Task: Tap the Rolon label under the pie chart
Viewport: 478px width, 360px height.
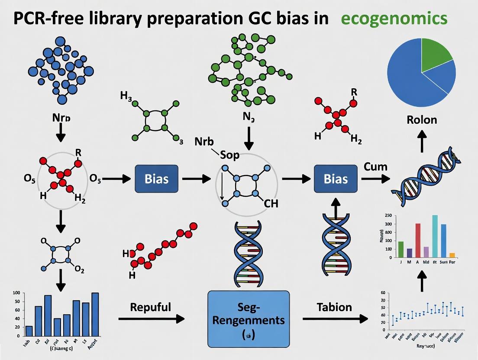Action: pos(422,119)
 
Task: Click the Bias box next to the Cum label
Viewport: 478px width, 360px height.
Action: pos(336,178)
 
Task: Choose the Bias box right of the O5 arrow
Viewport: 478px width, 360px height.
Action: pos(156,178)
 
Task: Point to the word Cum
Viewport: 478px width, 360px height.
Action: pos(375,166)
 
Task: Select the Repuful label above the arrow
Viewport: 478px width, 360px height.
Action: pos(150,307)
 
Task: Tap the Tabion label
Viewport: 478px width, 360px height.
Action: pos(334,307)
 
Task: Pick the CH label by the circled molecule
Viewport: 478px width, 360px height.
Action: pos(271,203)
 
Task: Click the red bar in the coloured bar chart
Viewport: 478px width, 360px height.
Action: pos(418,240)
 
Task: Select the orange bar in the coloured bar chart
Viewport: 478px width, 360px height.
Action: pos(452,255)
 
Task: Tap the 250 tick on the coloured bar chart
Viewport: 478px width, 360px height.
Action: pos(388,215)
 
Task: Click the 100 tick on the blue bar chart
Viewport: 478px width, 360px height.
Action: pos(16,293)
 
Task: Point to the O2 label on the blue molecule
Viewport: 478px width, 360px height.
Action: pos(80,270)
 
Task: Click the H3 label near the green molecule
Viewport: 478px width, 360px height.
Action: pos(126,96)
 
